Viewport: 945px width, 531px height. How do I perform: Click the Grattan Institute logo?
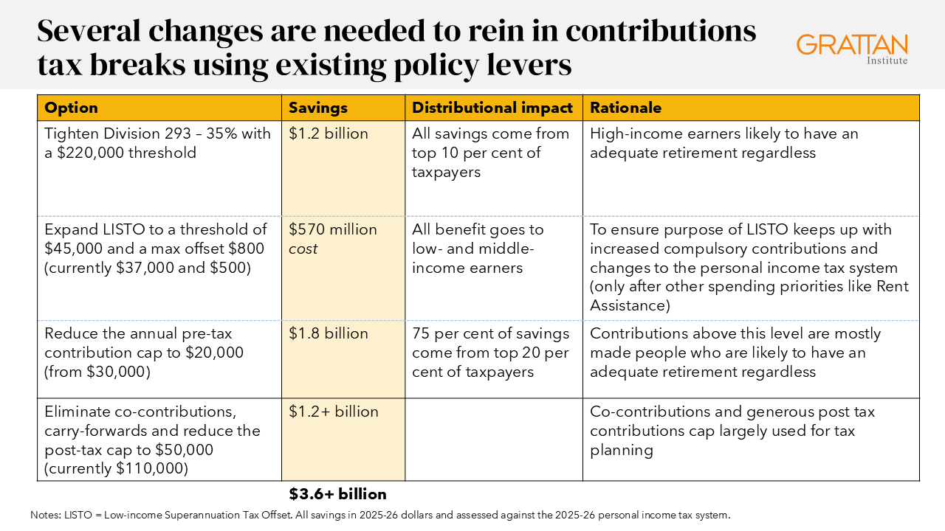click(852, 48)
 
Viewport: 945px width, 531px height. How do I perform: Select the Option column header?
click(72, 108)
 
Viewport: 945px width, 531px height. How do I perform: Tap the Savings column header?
click(317, 108)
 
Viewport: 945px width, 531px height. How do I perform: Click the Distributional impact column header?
click(492, 108)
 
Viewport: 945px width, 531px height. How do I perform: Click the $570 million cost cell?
click(332, 239)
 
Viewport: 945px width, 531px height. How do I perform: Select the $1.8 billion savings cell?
click(328, 333)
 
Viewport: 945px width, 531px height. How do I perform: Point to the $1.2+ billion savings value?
click(333, 412)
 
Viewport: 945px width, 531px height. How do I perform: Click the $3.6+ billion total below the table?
click(337, 494)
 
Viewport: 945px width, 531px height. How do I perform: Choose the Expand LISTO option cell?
click(156, 249)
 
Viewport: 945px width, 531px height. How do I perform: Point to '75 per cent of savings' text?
click(490, 333)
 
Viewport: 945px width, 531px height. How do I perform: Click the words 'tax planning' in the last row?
click(622, 450)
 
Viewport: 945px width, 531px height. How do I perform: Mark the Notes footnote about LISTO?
click(380, 515)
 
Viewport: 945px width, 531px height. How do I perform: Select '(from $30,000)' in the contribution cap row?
click(97, 372)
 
